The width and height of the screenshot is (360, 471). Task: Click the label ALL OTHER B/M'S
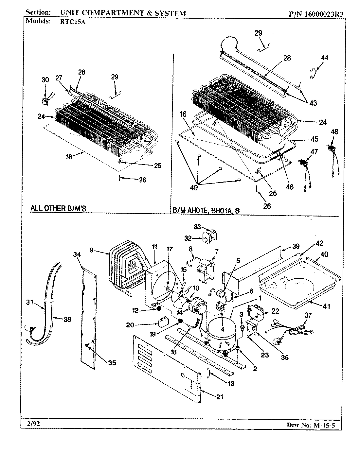click(58, 208)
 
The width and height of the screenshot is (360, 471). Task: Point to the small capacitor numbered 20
click(163, 323)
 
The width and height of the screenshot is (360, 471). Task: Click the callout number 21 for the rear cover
click(220, 397)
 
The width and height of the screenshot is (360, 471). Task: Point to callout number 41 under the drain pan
click(326, 306)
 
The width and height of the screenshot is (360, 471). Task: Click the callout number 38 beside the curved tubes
click(67, 320)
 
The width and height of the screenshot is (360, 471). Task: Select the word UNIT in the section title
click(69, 13)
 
